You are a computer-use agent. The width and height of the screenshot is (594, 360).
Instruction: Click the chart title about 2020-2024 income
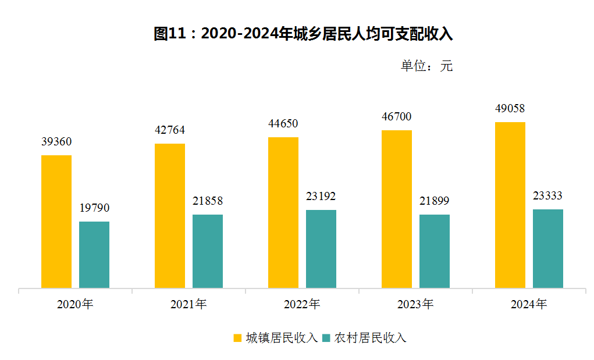[303, 34]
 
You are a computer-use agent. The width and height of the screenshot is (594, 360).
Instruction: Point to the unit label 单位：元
[426, 66]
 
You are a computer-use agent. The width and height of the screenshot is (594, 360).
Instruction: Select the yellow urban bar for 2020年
[56, 221]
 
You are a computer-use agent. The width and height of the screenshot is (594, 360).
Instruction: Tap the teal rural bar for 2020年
[94, 254]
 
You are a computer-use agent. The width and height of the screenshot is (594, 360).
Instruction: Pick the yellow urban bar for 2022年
[283, 212]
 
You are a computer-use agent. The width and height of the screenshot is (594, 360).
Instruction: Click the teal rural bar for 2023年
[435, 251]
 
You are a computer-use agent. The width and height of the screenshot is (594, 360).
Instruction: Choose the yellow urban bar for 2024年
[510, 205]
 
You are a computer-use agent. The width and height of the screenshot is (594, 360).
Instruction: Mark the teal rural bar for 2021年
[208, 251]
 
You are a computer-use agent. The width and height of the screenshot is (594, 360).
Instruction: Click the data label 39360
[56, 142]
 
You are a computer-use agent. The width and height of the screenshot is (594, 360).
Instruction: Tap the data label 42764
[170, 130]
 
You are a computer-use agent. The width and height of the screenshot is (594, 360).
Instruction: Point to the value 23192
[321, 197]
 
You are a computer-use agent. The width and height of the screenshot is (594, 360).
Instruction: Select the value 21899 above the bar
[435, 201]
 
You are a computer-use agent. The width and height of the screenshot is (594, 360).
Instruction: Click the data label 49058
[510, 109]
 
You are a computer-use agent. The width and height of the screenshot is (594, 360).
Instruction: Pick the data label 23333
[548, 196]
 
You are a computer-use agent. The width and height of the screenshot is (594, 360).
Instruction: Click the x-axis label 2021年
[188, 304]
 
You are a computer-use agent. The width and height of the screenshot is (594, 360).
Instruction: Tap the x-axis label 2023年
[415, 304]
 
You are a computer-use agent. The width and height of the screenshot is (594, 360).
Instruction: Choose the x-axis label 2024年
[529, 304]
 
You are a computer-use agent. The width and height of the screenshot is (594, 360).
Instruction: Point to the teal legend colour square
[326, 338]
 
